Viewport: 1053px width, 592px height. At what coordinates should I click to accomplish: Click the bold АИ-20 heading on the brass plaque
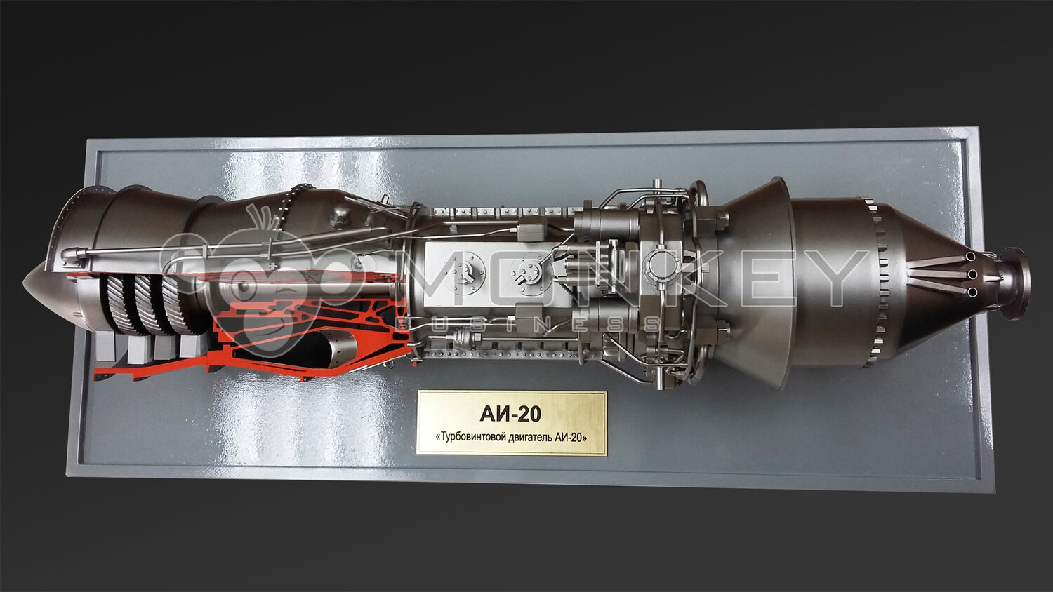pos(510,414)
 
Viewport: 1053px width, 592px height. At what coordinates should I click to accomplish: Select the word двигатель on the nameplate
pos(530,438)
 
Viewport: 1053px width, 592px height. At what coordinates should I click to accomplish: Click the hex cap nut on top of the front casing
pos(339,217)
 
